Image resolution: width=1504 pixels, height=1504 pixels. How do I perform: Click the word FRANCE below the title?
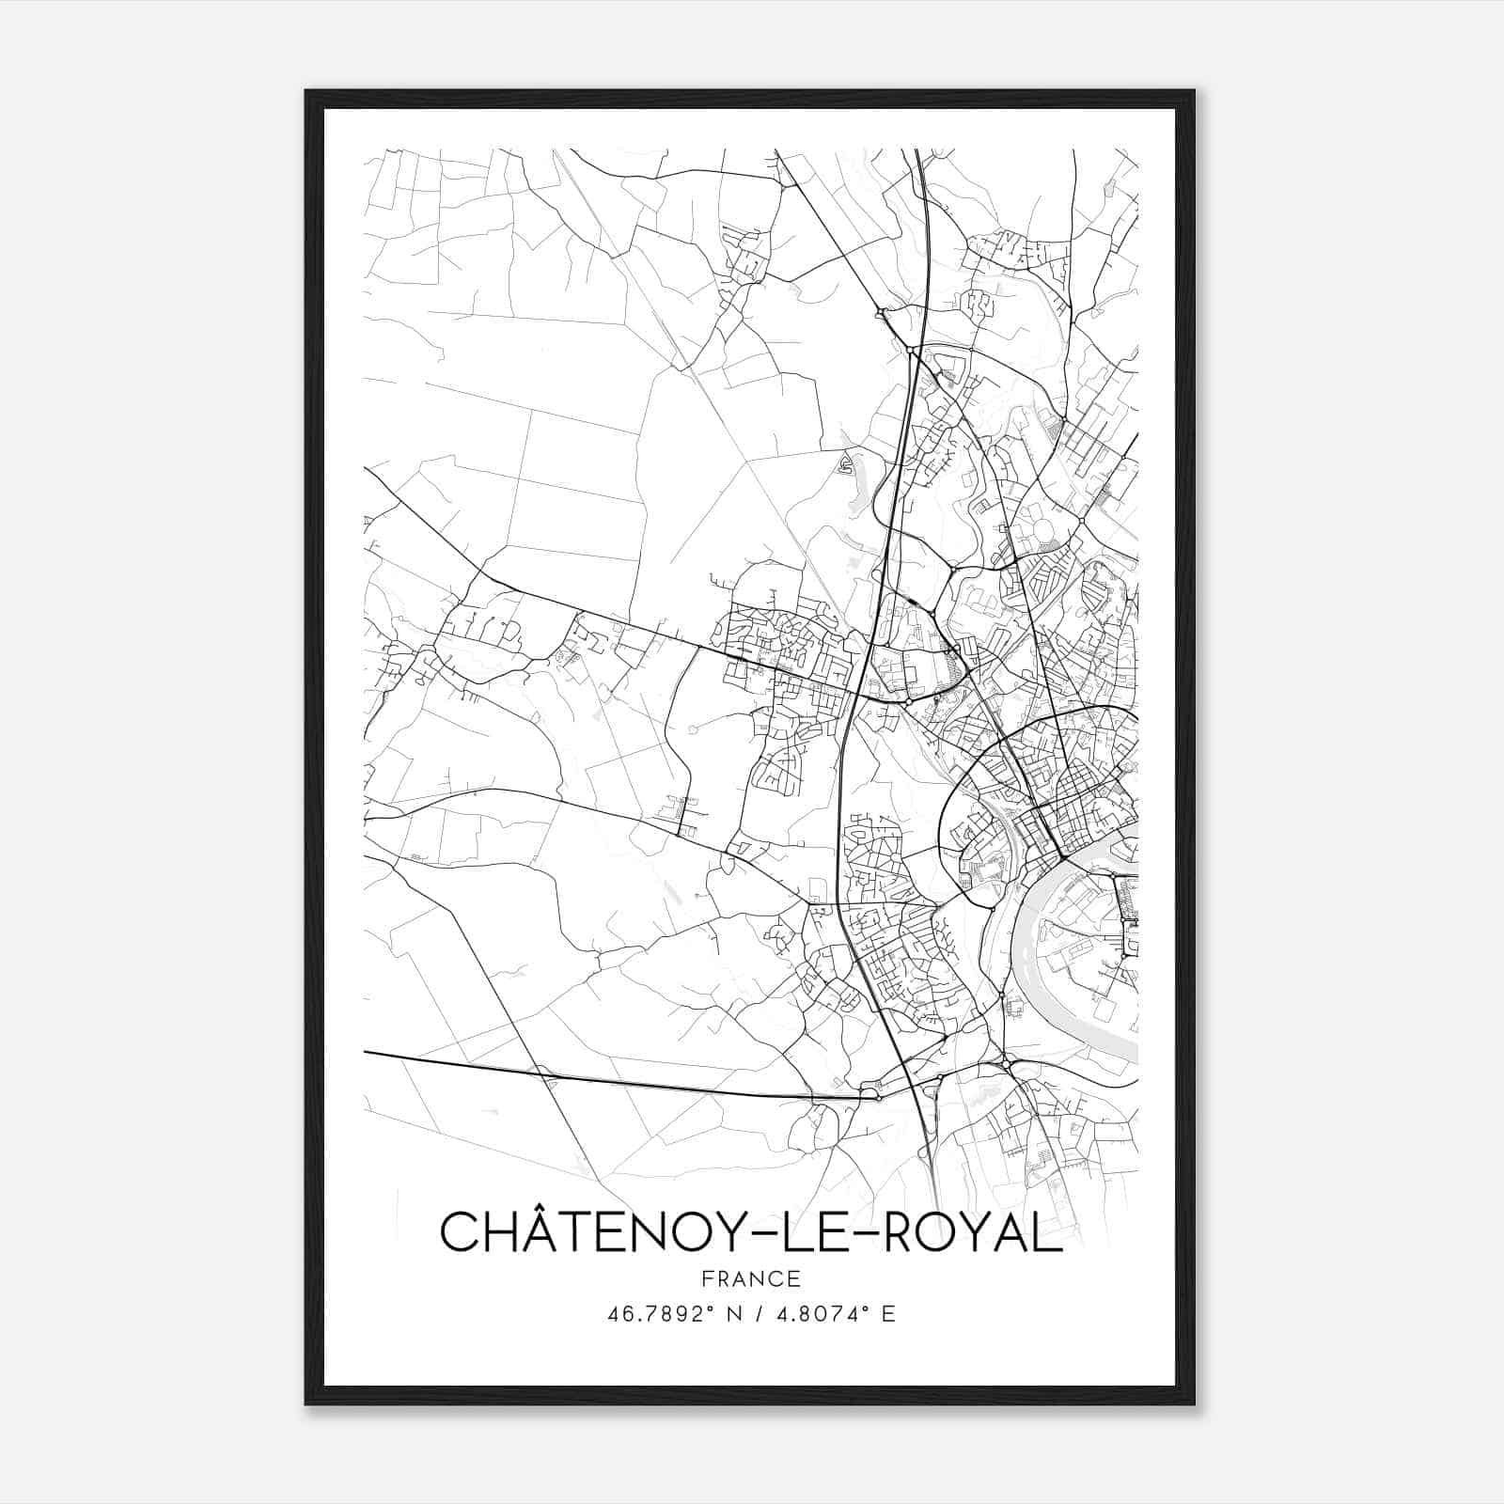point(750,1278)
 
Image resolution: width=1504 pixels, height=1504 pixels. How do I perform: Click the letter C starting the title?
point(460,1232)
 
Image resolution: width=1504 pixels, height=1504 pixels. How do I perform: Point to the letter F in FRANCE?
point(708,1278)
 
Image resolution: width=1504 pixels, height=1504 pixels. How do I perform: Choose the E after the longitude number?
point(888,1314)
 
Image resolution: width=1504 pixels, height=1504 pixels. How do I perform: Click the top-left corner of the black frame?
point(306,91)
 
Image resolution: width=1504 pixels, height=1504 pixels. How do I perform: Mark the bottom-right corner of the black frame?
point(1194,1404)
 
